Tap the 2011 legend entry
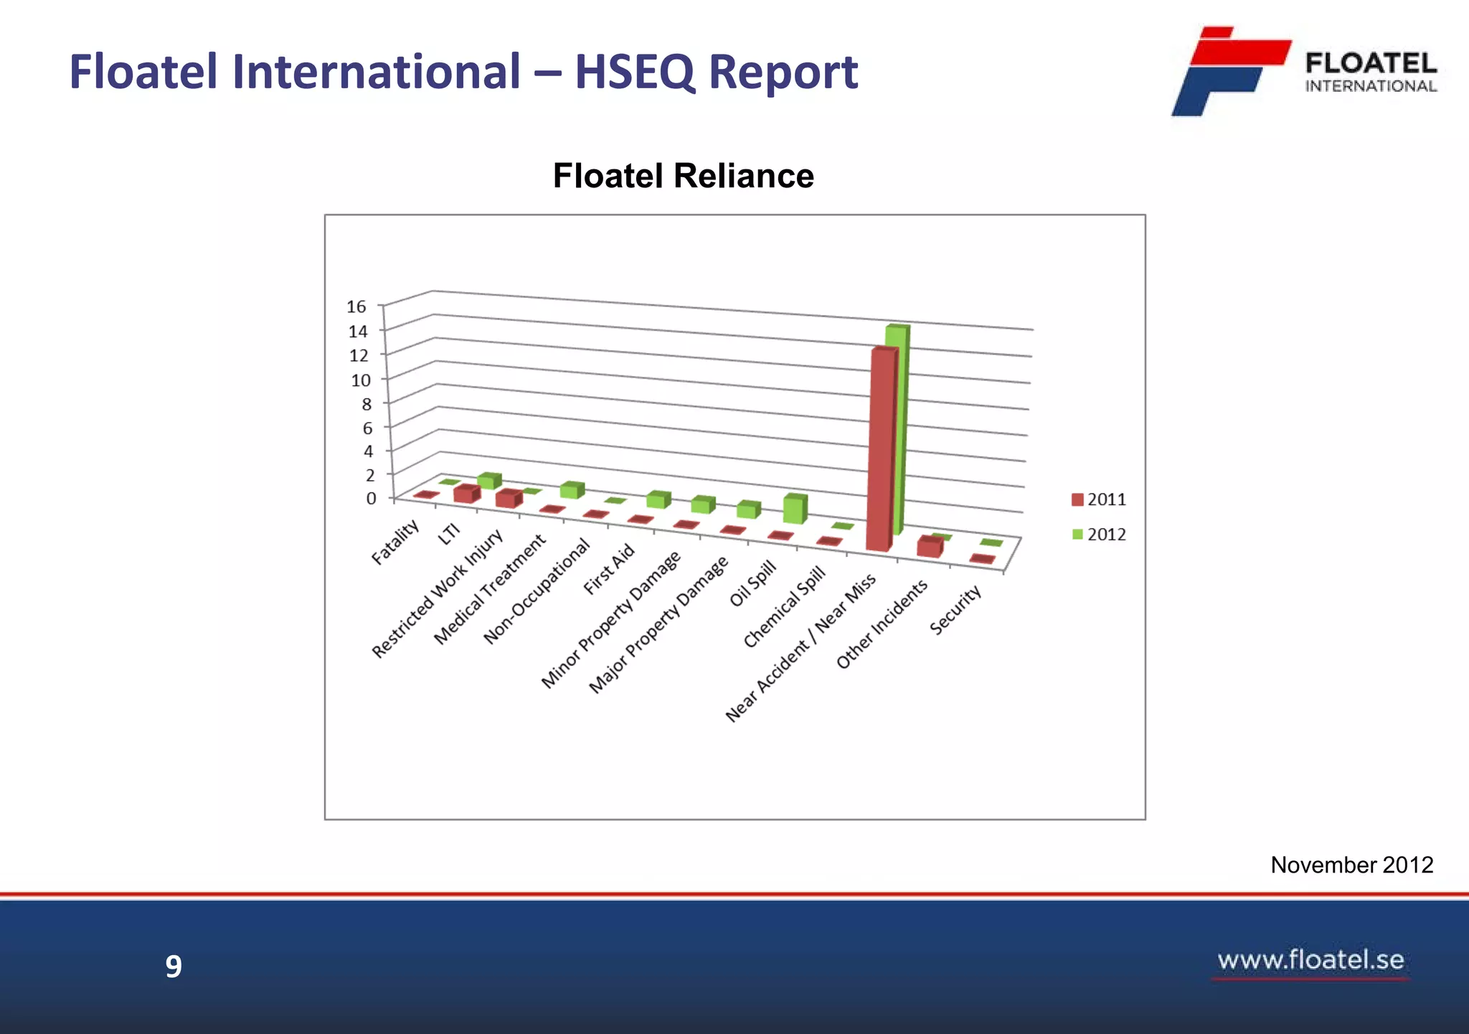[x=1099, y=499]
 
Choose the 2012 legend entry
[x=1099, y=535]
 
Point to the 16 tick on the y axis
[x=356, y=307]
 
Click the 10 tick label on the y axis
[x=361, y=380]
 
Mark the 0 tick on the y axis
[x=371, y=498]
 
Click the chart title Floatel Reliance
[x=683, y=176]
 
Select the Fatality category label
[x=395, y=542]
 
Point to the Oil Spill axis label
[x=753, y=583]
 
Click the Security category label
[x=955, y=610]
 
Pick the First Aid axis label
[x=609, y=569]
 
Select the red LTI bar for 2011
[x=466, y=494]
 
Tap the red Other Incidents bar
[x=929, y=547]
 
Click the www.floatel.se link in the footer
[x=1310, y=960]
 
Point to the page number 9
[x=174, y=967]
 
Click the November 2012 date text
[x=1351, y=865]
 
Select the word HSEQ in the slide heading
[x=635, y=72]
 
